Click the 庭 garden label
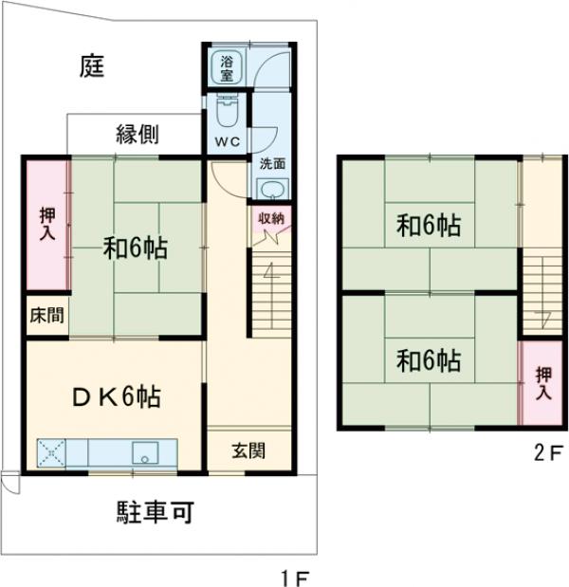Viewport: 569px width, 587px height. [92, 66]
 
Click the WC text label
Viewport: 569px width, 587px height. [227, 142]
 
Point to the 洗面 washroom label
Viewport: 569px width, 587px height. [272, 162]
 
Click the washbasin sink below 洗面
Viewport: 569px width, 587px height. [272, 188]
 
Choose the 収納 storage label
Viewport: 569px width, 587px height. [271, 218]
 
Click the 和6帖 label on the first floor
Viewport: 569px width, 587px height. [136, 249]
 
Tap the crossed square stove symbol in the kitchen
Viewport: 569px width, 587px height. [49, 452]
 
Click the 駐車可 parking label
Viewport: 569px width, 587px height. [156, 514]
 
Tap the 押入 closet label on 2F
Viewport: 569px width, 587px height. [541, 381]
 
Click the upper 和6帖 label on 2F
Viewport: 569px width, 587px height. [429, 227]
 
